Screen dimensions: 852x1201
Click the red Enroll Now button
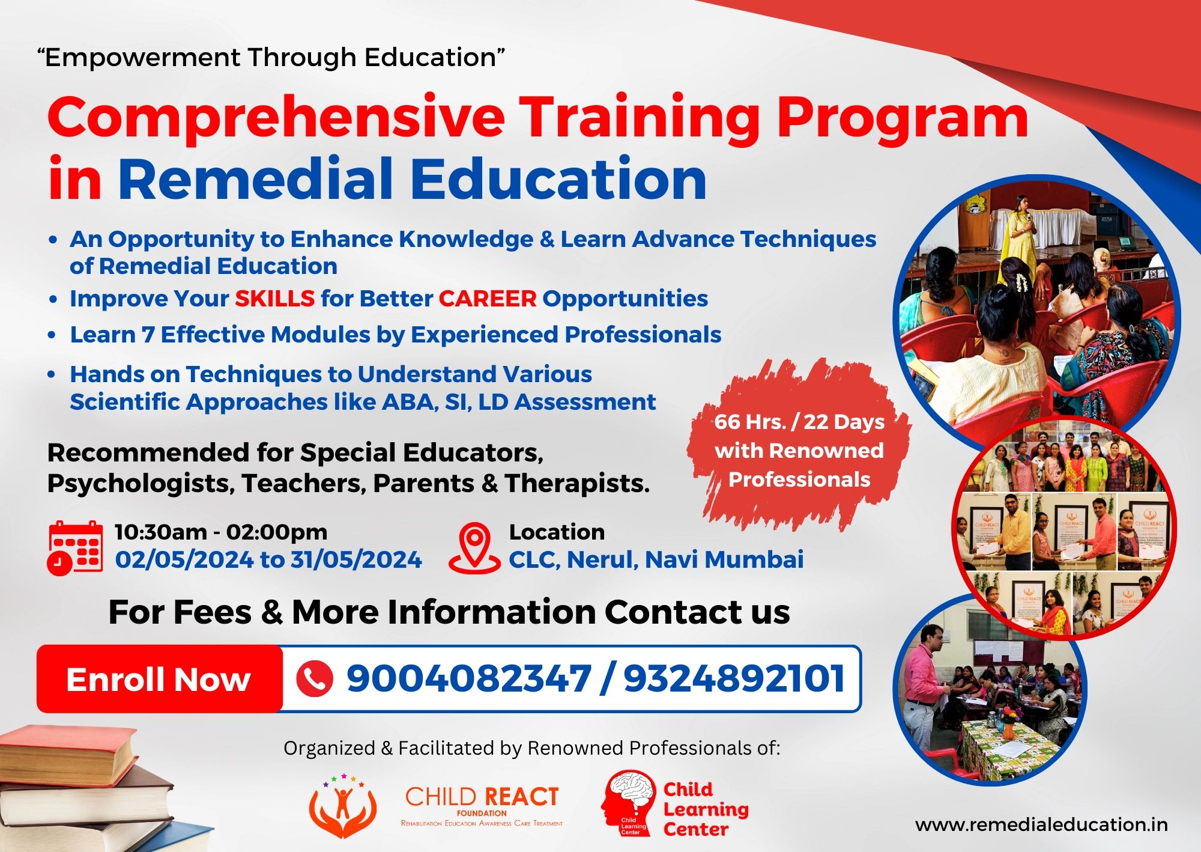[x=159, y=680]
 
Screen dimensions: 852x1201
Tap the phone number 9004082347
[x=468, y=679]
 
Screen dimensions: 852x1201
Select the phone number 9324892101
[x=734, y=679]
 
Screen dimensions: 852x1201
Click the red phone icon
[x=314, y=680]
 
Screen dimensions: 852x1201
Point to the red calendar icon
[x=74, y=548]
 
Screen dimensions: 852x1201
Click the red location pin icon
[x=474, y=547]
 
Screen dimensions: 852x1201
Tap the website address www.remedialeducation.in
[x=1041, y=825]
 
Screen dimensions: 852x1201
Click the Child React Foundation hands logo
[x=343, y=806]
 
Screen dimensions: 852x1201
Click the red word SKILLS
[x=274, y=299]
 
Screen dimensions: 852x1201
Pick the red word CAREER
[x=487, y=299]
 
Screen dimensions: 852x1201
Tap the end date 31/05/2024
[x=356, y=560]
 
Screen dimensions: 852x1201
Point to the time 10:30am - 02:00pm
[x=221, y=532]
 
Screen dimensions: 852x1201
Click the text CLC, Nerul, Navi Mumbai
[x=656, y=560]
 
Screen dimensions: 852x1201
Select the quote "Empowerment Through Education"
[x=271, y=58]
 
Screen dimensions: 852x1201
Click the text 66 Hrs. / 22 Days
[x=799, y=422]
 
